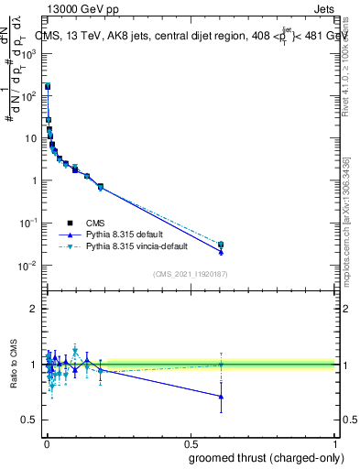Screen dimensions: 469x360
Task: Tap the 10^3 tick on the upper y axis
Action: pyautogui.click(x=28, y=54)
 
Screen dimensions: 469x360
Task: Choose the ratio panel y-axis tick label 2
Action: pyautogui.click(x=34, y=309)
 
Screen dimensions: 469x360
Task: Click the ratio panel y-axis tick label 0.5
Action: pyautogui.click(x=30, y=420)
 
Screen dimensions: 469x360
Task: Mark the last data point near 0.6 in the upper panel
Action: pyautogui.click(x=221, y=245)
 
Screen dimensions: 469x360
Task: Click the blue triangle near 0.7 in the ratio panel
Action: pyautogui.click(x=221, y=397)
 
